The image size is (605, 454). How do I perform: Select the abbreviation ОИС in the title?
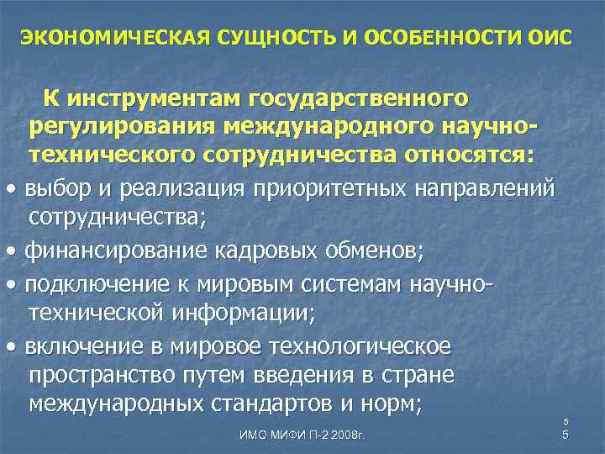546,39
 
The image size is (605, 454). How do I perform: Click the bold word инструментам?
160,99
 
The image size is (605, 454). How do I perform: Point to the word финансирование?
109,251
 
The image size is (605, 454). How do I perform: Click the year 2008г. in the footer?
352,436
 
